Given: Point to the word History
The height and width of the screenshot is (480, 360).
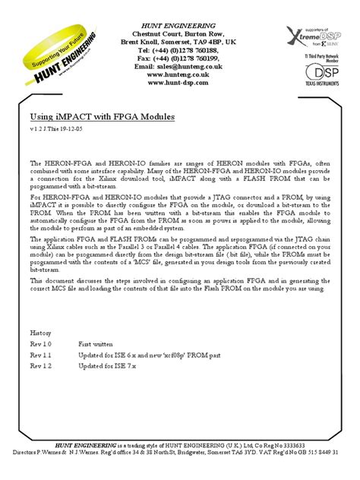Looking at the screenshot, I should click(41, 333).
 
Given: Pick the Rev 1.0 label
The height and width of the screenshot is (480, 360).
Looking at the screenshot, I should click(41, 343).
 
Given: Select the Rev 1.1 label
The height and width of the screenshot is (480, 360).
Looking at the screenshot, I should click(41, 354).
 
